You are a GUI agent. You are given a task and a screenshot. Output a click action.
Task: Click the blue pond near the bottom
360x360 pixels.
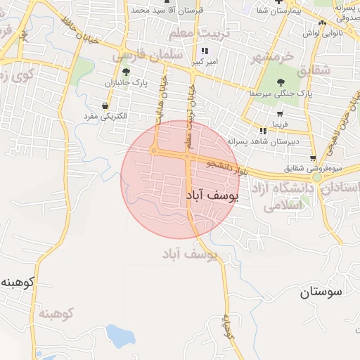click(x=120, y=336)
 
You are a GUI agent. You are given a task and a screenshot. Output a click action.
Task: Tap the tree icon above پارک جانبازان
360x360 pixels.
click(x=125, y=72)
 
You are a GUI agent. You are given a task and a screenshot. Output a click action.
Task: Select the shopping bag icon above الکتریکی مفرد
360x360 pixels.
click(x=105, y=106)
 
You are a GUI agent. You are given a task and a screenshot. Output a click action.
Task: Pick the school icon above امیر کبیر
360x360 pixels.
click(x=205, y=51)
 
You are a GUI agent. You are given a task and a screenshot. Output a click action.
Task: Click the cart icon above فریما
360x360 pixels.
click(x=280, y=112)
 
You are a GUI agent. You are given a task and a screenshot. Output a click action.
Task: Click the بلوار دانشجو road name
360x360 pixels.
click(x=229, y=167)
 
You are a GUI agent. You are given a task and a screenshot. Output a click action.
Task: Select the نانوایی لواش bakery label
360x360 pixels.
click(x=323, y=33)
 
